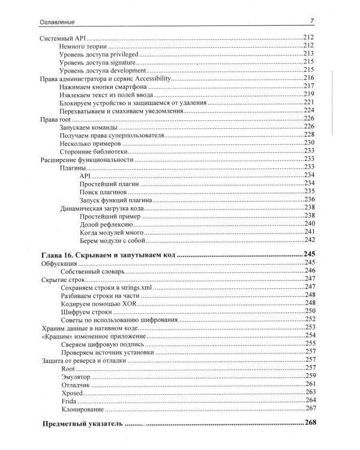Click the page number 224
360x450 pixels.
(309, 110)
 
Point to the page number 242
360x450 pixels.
(310, 240)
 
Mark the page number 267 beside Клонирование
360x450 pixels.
(310, 409)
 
